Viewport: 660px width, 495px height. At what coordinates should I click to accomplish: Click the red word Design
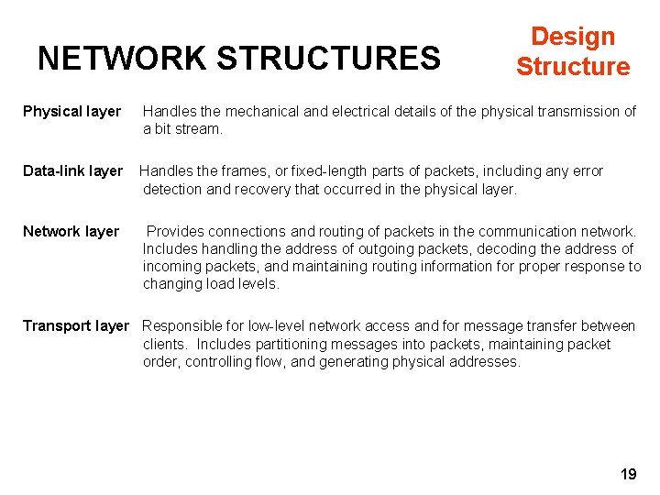coord(573,37)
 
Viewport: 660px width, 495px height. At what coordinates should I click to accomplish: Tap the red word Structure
coord(573,67)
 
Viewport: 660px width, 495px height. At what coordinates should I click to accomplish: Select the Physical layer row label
coord(71,112)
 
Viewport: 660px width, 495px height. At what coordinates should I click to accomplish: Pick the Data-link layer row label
coord(72,171)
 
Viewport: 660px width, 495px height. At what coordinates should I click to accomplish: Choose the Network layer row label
coord(71,232)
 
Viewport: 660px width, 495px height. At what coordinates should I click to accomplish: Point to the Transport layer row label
coord(76,326)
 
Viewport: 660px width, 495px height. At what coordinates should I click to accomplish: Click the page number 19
coord(628,474)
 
